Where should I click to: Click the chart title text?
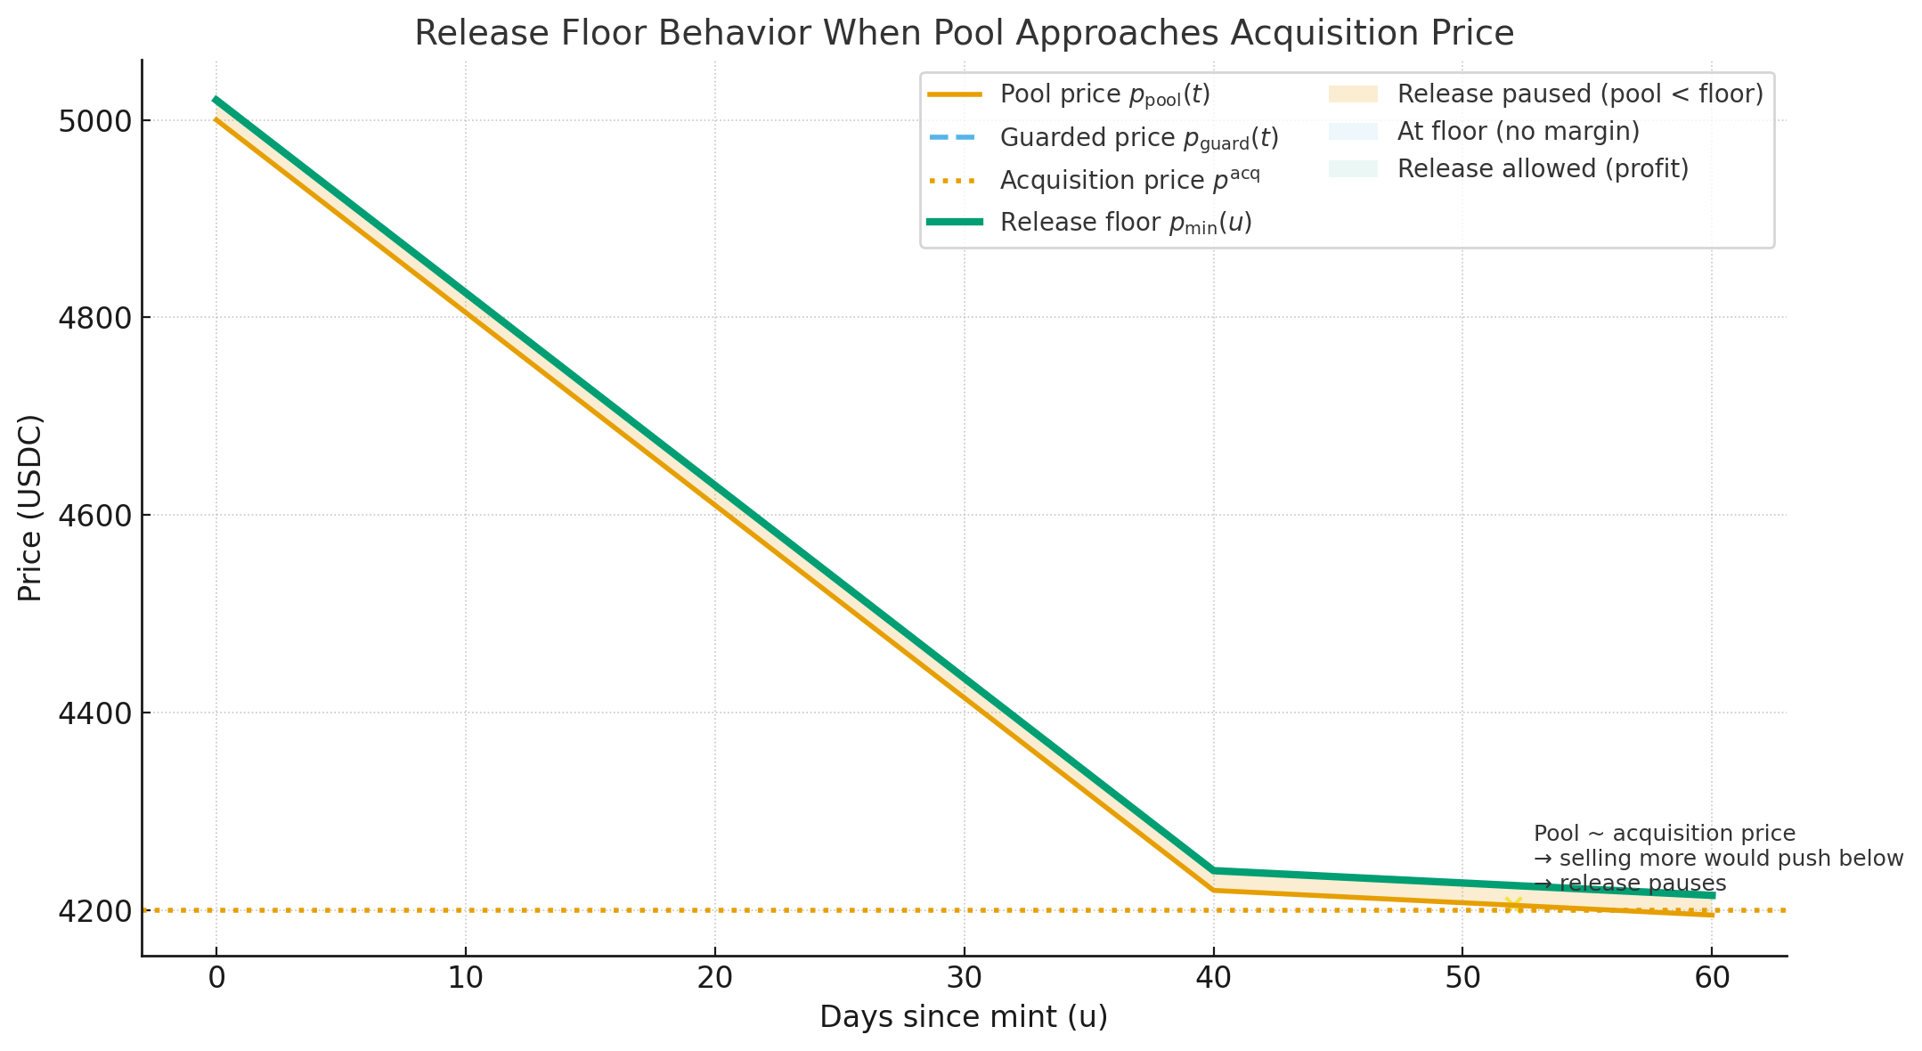click(964, 34)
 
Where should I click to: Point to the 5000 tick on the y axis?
click(94, 121)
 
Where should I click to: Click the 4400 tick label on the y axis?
click(94, 713)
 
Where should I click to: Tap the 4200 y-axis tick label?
click(94, 911)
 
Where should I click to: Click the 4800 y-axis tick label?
click(94, 318)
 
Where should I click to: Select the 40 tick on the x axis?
click(1213, 978)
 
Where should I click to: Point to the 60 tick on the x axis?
click(1712, 978)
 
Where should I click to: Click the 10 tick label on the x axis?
click(465, 978)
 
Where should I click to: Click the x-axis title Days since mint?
click(964, 1017)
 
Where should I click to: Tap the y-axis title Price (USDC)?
click(30, 508)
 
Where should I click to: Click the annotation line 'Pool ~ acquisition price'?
click(1664, 834)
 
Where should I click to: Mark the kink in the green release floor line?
click(1213, 870)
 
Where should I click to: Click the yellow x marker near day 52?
click(1512, 905)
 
